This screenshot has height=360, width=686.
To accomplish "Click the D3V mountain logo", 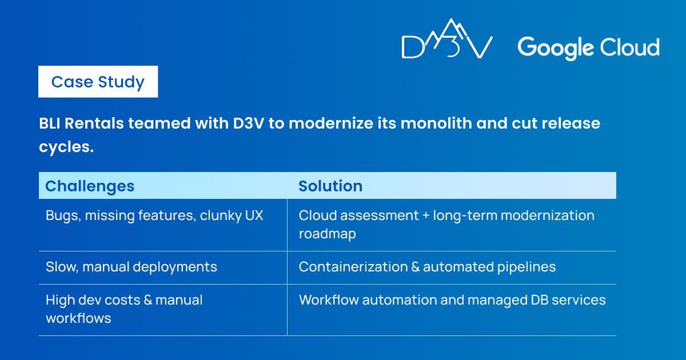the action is coord(447,38).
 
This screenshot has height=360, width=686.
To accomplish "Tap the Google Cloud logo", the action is coord(588,48).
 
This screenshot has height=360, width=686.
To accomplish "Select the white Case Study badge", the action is coord(98,82).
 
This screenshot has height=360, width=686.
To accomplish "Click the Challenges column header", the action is coord(90,186).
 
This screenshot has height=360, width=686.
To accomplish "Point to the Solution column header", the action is coord(330,186).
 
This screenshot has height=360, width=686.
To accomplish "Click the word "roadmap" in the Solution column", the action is coord(328,234).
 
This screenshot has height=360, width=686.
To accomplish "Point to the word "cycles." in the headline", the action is coord(66,147).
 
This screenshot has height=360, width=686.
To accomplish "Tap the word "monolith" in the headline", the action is coord(435,123).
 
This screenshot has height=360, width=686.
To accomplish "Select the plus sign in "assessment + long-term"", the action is coord(426,216).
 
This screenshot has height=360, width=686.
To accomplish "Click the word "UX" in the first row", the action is coord(254,215).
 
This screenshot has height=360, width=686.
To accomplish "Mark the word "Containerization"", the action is coord(353,267).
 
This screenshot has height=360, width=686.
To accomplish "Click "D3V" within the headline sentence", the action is coord(248,123).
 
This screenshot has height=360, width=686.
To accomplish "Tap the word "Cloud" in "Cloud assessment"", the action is coord(317,215).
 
